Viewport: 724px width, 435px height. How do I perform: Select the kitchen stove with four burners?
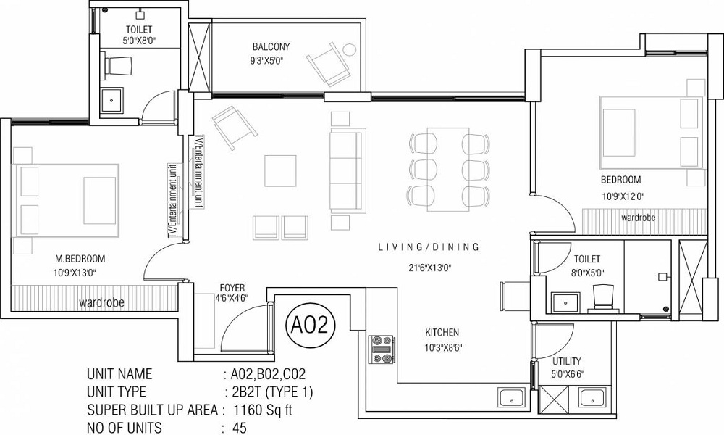[382, 348]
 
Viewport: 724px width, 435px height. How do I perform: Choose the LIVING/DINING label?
[429, 247]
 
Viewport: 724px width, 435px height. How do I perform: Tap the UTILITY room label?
[567, 361]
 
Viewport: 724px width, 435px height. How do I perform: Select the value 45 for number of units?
[239, 428]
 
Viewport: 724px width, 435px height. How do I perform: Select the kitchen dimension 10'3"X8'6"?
[442, 347]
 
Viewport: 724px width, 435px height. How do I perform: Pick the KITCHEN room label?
[442, 333]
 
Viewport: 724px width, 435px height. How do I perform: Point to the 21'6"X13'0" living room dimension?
[429, 268]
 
